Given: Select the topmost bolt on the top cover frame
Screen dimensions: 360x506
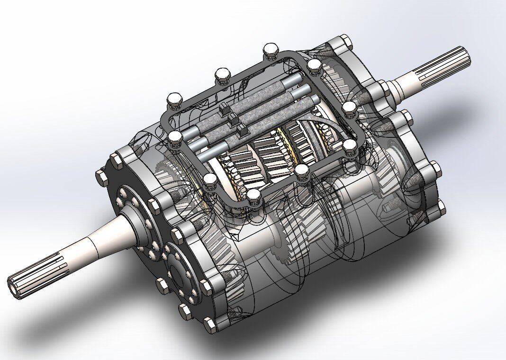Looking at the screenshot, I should [x=271, y=49].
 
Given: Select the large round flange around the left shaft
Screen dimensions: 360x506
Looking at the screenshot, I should [x=130, y=208].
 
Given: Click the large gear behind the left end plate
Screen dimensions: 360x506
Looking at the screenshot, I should [x=218, y=242].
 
